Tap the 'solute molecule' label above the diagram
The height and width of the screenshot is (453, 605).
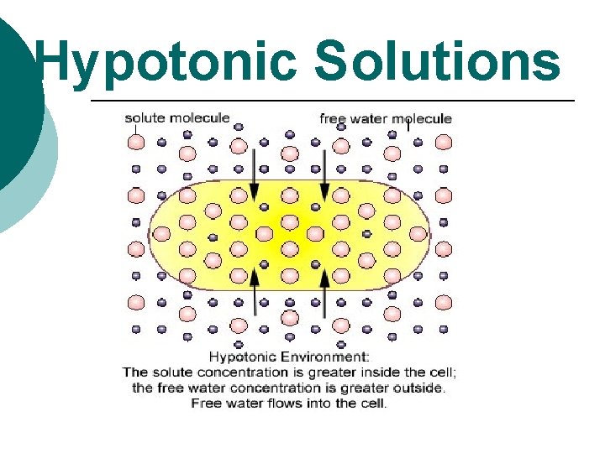click(x=177, y=117)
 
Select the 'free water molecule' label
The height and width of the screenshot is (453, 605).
click(x=386, y=118)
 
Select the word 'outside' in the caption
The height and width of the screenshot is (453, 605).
click(x=420, y=388)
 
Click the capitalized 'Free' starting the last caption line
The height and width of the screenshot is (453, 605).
click(x=207, y=404)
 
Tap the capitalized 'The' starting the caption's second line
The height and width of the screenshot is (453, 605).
click(x=135, y=372)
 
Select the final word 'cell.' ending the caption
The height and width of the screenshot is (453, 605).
click(x=374, y=404)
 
